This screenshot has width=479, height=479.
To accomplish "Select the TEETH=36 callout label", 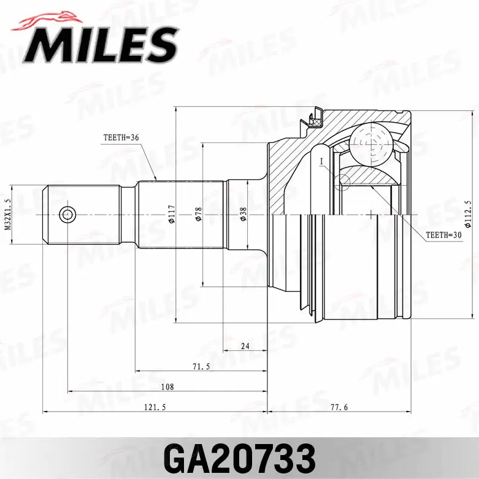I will (x=122, y=137).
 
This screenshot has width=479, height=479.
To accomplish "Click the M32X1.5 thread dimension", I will (x=8, y=214).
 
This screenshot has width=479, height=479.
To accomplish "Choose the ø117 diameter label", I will (x=172, y=214).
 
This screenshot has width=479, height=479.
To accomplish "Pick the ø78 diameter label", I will (x=198, y=214).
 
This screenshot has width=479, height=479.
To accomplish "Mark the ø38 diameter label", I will (x=243, y=214).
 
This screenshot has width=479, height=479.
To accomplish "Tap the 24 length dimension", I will (x=245, y=347).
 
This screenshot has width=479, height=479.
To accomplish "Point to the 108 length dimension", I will (x=167, y=387).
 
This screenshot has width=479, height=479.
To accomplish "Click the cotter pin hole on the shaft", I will (x=67, y=214).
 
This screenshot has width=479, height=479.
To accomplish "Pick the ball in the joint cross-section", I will (x=370, y=143).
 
